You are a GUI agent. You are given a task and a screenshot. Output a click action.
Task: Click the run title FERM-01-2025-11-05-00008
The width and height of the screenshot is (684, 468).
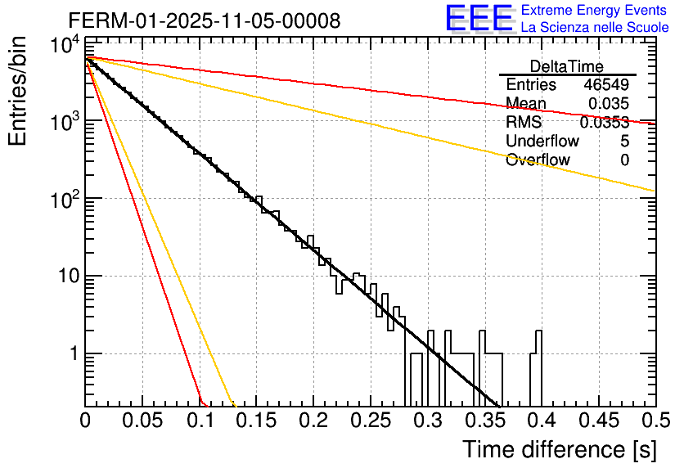pyautogui.click(x=205, y=20)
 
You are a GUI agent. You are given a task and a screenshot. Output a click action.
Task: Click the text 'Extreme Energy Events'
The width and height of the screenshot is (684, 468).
pyautogui.click(x=595, y=11)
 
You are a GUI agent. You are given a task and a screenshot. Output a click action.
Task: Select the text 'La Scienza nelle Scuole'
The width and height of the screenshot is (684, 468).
pyautogui.click(x=595, y=27)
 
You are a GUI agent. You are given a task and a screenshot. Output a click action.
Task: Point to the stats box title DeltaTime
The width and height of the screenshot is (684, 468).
pyautogui.click(x=567, y=66)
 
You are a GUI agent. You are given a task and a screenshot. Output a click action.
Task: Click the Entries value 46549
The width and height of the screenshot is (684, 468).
pyautogui.click(x=606, y=85)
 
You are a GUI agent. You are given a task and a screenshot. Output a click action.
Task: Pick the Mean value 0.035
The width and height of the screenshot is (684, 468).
pyautogui.click(x=609, y=104)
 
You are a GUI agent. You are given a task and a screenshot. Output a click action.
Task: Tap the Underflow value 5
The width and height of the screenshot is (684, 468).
pyautogui.click(x=624, y=142)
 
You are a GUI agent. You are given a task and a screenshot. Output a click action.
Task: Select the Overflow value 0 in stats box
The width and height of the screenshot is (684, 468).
pyautogui.click(x=624, y=160)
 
